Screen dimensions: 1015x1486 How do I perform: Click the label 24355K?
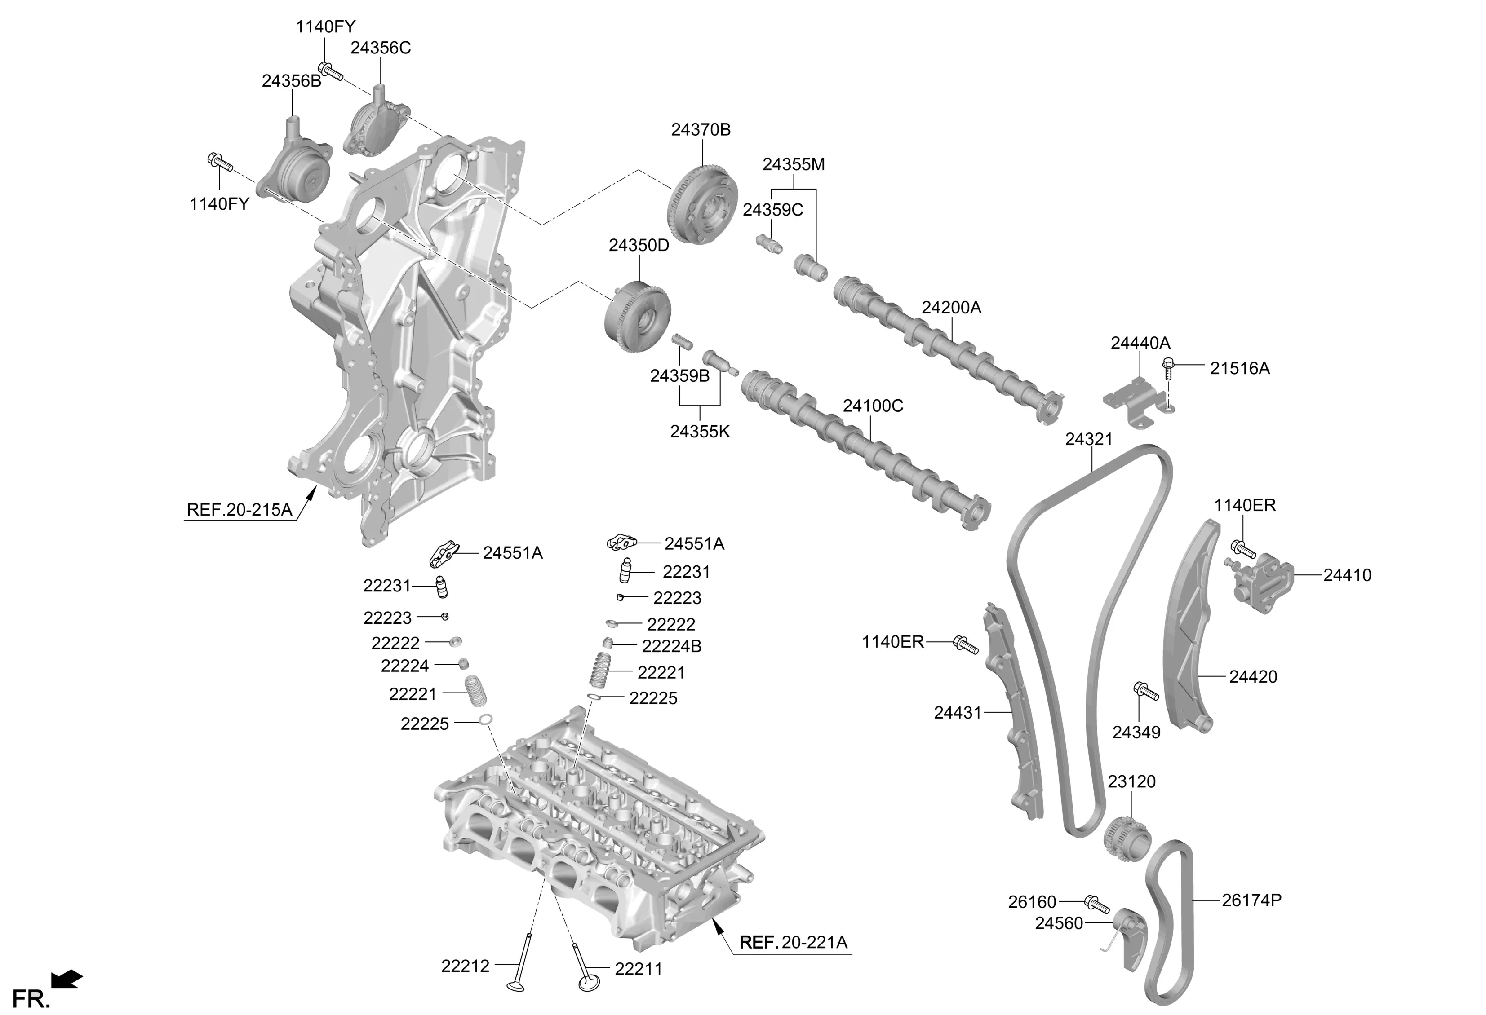point(700,432)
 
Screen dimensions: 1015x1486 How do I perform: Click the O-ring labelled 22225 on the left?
point(485,720)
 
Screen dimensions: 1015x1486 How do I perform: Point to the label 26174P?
point(1251,900)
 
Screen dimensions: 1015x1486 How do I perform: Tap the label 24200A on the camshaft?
point(951,308)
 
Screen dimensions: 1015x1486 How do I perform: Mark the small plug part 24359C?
point(768,243)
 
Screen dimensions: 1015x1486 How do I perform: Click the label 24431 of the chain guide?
point(957,713)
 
